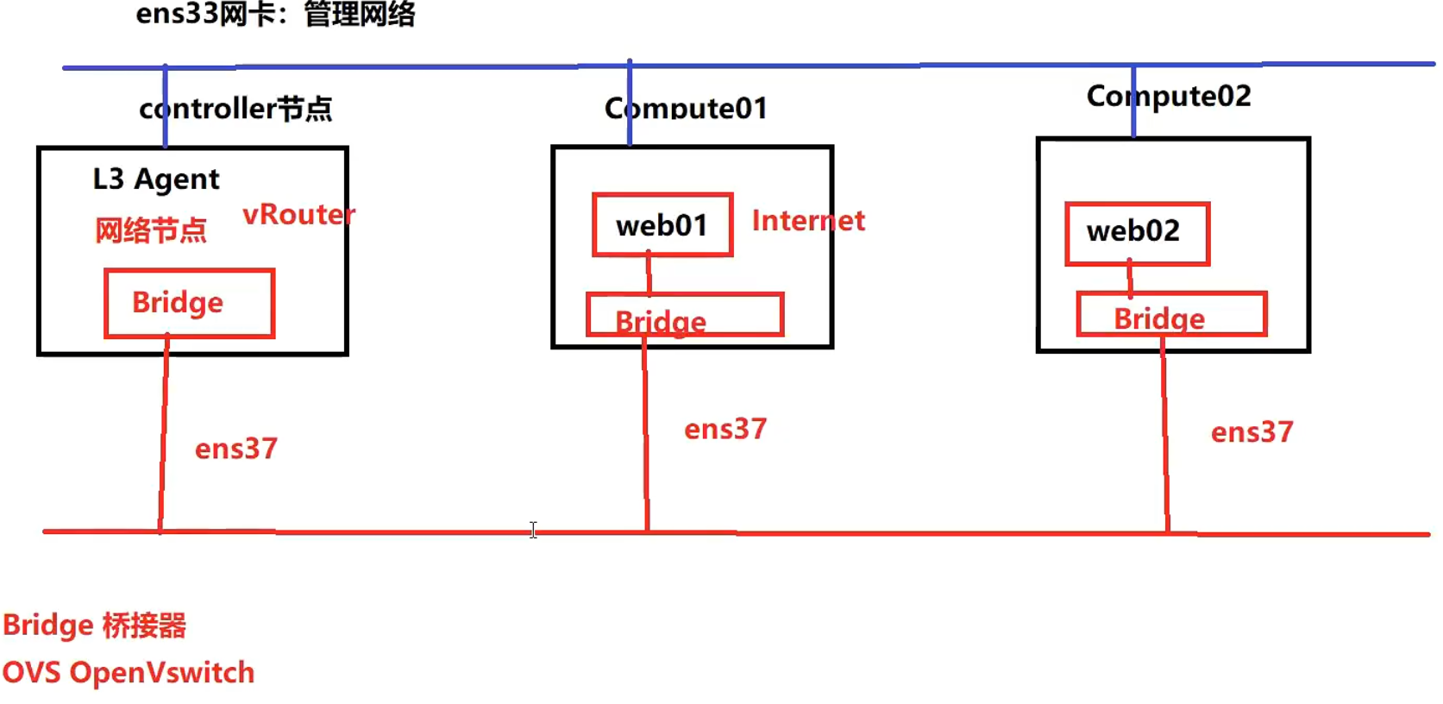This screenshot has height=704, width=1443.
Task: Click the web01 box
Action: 662,225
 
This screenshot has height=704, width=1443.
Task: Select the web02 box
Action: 1137,233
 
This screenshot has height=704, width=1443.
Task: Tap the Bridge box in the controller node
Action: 189,303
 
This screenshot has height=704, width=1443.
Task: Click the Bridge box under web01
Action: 685,316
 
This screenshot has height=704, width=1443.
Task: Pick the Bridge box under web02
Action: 1171,315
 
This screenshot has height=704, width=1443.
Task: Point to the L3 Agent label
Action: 156,179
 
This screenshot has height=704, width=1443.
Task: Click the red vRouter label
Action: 298,214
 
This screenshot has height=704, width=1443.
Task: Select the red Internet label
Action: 808,221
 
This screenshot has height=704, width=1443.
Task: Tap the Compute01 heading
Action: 686,109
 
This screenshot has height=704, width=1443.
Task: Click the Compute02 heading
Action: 1169,96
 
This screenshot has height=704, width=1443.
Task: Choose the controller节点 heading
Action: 235,109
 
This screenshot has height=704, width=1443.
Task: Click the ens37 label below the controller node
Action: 235,449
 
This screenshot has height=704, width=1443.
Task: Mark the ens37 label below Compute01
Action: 725,430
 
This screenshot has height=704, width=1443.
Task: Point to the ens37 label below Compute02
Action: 1252,432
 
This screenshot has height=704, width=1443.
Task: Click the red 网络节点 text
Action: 151,230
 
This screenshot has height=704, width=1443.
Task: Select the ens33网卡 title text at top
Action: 275,14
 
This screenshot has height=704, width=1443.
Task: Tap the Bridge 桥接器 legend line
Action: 94,625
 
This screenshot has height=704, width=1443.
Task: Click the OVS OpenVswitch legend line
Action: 129,673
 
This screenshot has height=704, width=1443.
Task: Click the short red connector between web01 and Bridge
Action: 649,274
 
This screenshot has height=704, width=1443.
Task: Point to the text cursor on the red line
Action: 533,530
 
